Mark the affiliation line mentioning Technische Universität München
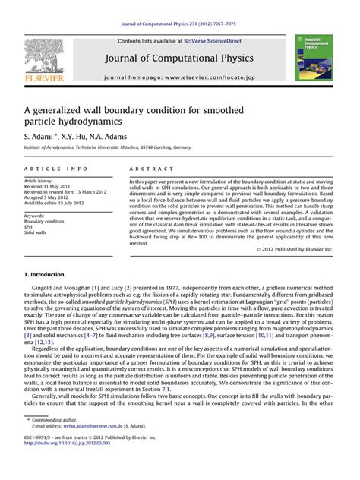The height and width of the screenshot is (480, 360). pos(112,147)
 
